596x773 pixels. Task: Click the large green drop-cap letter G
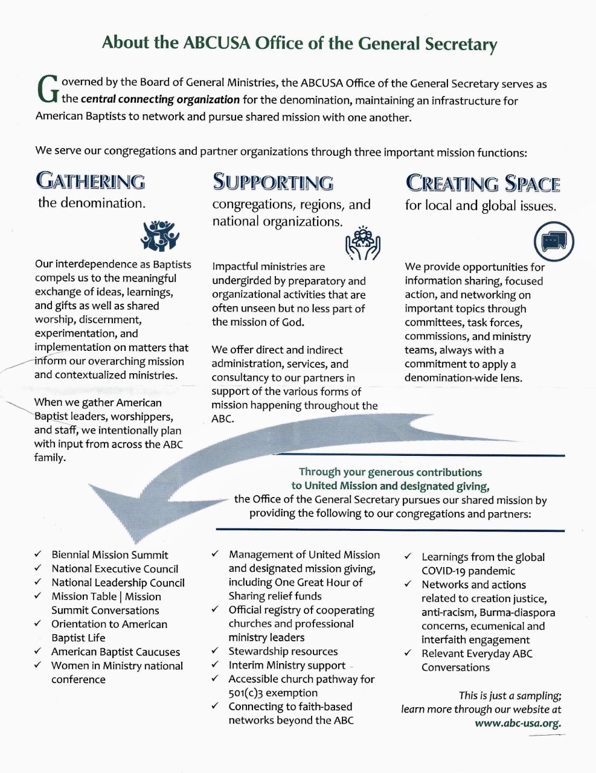48,89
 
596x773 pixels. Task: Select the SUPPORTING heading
273,182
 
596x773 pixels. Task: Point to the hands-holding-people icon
363,243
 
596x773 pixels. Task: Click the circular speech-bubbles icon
554,242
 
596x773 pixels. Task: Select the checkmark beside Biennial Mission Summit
38,554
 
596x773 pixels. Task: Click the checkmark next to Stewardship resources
215,650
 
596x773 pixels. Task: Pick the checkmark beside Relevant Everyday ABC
408,653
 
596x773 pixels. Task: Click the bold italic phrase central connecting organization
161,99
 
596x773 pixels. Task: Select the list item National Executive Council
115,569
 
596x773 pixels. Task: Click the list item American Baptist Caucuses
115,652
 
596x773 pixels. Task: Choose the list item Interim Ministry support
287,666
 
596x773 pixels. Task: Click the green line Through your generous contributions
391,472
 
